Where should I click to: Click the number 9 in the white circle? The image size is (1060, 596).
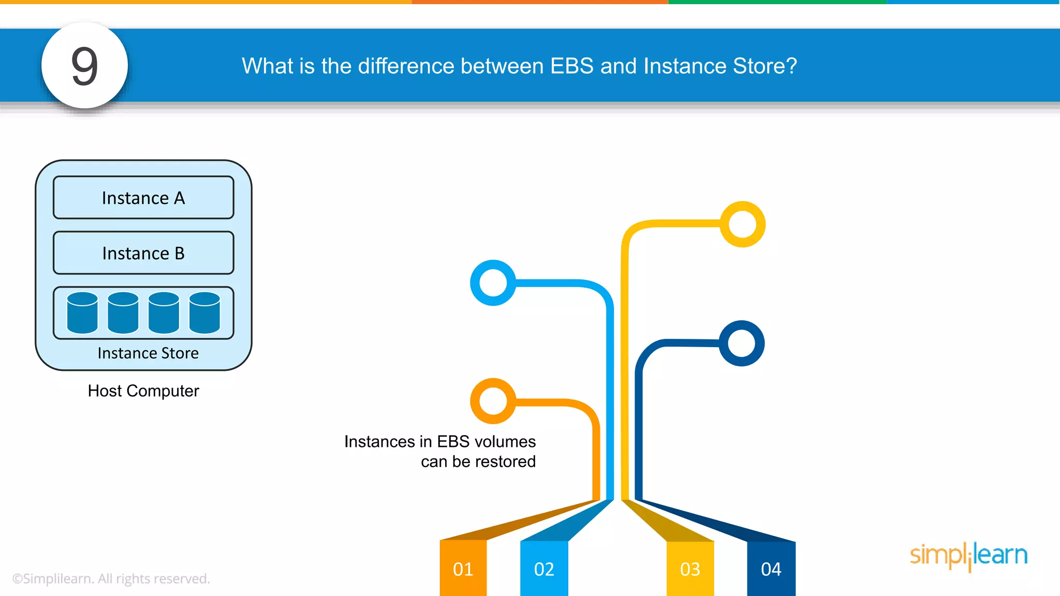[x=84, y=66]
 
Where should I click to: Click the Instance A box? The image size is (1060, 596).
[x=143, y=198]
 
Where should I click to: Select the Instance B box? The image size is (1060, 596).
[x=143, y=253]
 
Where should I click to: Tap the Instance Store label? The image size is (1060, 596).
[x=148, y=353]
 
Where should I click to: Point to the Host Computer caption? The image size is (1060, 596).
[x=143, y=391]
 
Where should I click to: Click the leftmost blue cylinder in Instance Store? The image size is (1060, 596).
[x=82, y=312]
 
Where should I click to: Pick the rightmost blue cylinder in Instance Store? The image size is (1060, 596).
[x=204, y=312]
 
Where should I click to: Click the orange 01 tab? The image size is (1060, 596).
[x=463, y=569]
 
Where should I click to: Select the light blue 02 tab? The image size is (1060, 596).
[x=544, y=569]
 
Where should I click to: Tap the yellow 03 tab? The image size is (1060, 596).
[x=690, y=569]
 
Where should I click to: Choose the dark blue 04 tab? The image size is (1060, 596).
[x=771, y=569]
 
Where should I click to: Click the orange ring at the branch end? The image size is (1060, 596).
[x=493, y=401]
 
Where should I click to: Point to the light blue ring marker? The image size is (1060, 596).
[x=493, y=283]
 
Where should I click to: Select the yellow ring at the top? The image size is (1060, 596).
[x=743, y=225]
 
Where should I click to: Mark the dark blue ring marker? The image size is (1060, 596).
[x=742, y=344]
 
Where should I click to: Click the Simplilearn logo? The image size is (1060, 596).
[x=968, y=556]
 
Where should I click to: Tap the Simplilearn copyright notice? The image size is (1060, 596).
[x=111, y=578]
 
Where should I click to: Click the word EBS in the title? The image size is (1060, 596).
[x=571, y=66]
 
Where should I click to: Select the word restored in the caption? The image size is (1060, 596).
[x=505, y=461]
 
